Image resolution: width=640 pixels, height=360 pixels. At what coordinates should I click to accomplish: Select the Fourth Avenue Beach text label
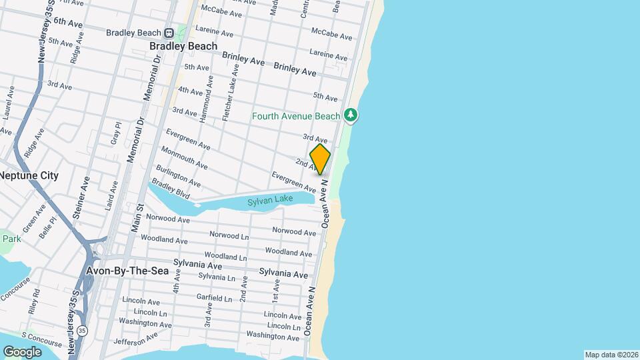click(296, 117)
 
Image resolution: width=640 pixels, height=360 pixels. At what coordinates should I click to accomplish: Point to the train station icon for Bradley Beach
click(169, 33)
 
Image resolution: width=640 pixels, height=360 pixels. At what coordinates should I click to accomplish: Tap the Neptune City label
click(29, 176)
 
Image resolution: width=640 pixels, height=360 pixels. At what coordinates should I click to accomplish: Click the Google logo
click(22, 351)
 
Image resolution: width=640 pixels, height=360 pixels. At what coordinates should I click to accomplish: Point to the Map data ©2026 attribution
click(611, 355)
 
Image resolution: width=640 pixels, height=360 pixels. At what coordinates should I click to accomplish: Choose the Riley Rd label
click(36, 301)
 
